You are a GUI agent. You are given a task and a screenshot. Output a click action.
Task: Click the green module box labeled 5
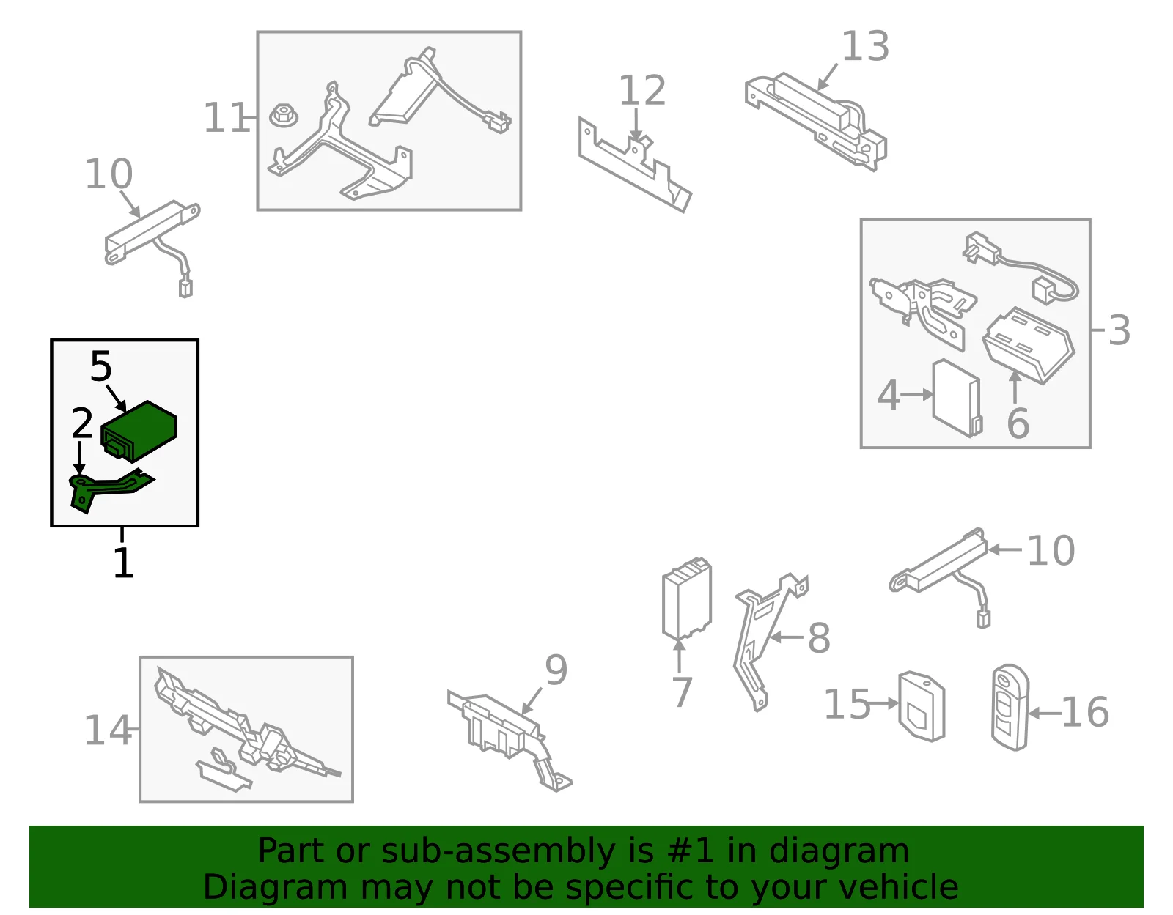point(139,431)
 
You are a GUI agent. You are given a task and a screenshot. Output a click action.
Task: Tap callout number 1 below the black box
point(124,563)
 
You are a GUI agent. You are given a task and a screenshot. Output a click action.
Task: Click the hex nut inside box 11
point(284,116)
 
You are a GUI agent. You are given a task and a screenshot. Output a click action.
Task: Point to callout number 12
point(641,91)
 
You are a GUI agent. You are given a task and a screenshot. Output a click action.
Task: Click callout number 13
point(865,46)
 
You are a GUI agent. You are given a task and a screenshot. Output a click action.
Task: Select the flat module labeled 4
point(957,398)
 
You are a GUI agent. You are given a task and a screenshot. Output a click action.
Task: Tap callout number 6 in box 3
point(1018,423)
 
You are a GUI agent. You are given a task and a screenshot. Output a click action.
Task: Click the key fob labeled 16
point(1010,707)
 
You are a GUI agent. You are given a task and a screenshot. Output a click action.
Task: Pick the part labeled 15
point(922,706)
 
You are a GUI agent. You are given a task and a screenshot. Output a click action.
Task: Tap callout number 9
point(556,670)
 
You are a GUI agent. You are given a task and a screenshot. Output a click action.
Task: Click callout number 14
point(108,730)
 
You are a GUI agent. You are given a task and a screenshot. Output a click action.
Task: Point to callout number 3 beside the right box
point(1119,330)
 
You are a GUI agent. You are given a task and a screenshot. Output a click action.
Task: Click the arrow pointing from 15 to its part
point(884,703)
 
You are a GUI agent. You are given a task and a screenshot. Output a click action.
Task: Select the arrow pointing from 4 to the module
point(916,395)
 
